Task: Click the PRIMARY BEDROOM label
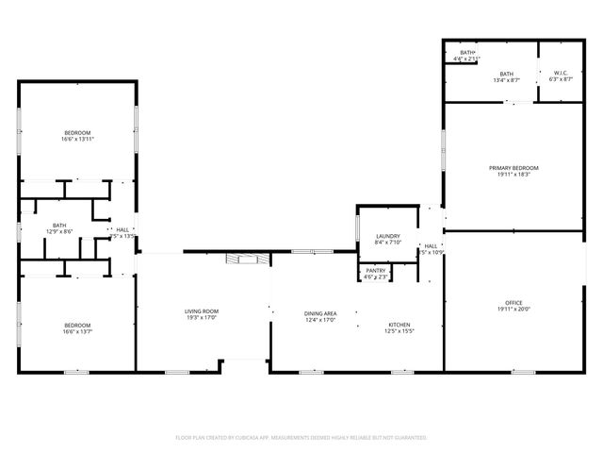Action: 513,168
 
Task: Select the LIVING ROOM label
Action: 201,311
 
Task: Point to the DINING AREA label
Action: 320,313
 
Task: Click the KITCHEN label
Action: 399,326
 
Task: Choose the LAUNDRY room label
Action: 388,236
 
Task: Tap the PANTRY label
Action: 375,271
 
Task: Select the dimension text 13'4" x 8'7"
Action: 507,80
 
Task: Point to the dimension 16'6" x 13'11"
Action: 78,140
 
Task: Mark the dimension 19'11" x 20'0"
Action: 514,310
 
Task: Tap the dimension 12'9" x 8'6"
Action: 59,231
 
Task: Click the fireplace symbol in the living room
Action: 248,259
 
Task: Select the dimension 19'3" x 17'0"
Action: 201,318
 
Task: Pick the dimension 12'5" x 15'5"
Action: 399,332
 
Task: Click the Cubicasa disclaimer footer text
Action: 301,438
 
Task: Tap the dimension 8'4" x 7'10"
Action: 388,243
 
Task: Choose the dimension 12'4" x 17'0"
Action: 320,320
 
